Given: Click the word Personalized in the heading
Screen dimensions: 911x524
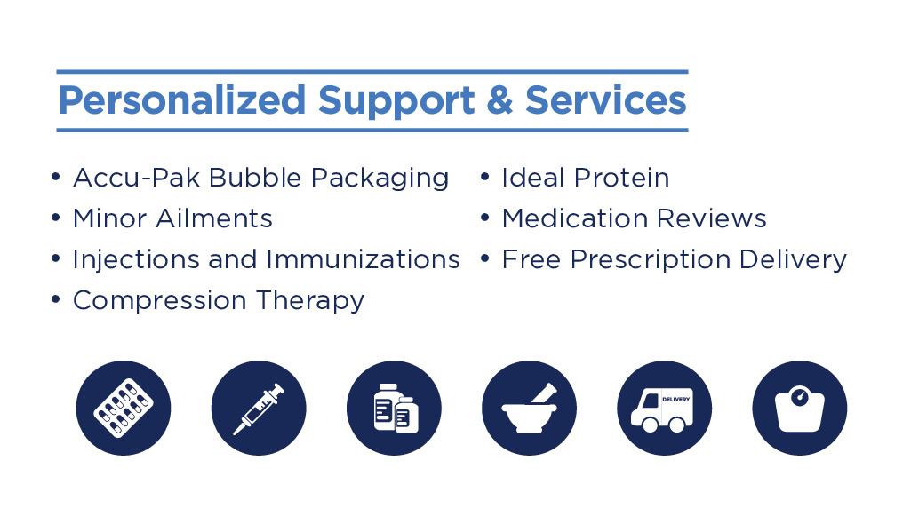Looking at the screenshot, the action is (x=182, y=101).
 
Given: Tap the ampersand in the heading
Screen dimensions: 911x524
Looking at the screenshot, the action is (x=499, y=99).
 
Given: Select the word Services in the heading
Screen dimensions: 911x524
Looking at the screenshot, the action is (x=606, y=99).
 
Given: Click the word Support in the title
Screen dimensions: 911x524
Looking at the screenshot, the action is (x=396, y=101).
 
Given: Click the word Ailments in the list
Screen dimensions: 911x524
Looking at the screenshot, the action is (x=214, y=218).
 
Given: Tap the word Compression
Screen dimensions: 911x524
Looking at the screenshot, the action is (x=160, y=300).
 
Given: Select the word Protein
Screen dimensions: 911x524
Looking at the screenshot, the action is (x=621, y=178).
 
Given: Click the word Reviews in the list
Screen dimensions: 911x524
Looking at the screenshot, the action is (x=712, y=218).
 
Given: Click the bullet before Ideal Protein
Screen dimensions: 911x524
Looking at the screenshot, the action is (x=484, y=176).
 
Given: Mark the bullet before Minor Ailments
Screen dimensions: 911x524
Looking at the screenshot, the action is (x=56, y=217).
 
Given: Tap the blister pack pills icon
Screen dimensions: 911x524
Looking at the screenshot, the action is (x=124, y=408).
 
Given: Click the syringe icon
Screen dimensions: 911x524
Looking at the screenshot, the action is (x=259, y=408).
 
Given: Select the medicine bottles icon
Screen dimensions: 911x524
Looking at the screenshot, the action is (x=394, y=408).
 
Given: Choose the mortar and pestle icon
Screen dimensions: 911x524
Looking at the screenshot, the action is (x=530, y=408).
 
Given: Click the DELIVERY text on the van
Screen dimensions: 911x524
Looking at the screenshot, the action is (x=676, y=400).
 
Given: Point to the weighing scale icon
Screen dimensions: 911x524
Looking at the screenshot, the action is (x=799, y=408).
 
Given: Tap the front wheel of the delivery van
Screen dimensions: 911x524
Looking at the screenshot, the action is (x=650, y=425).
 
